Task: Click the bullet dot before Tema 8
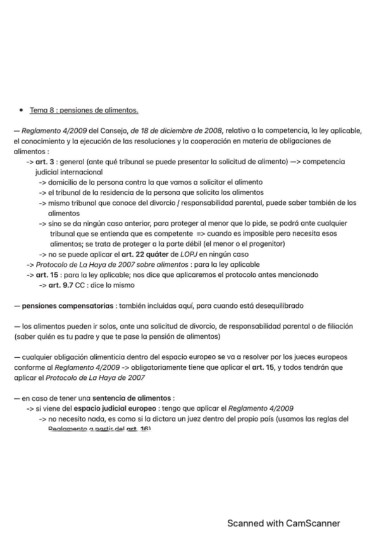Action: tap(22, 110)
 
